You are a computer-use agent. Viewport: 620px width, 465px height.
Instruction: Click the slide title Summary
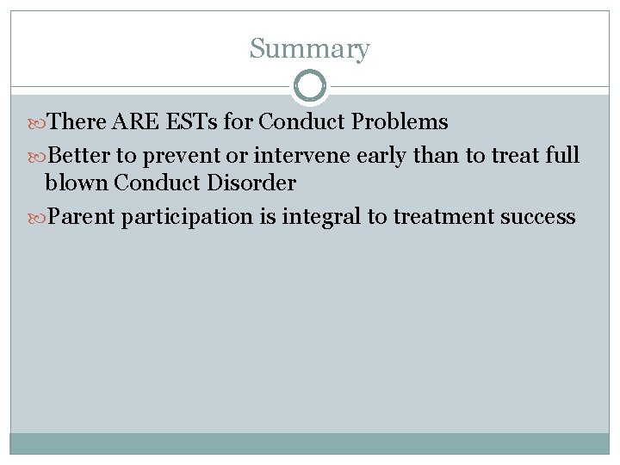pyautogui.click(x=309, y=49)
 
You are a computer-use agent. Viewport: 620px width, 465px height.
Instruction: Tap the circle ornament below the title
pyautogui.click(x=310, y=85)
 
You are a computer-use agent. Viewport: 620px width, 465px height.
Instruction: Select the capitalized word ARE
pyautogui.click(x=132, y=122)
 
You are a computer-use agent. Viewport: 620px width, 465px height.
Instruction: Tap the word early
pyautogui.click(x=399, y=156)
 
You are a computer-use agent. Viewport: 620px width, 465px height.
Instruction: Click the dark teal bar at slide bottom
pyautogui.click(x=309, y=443)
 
